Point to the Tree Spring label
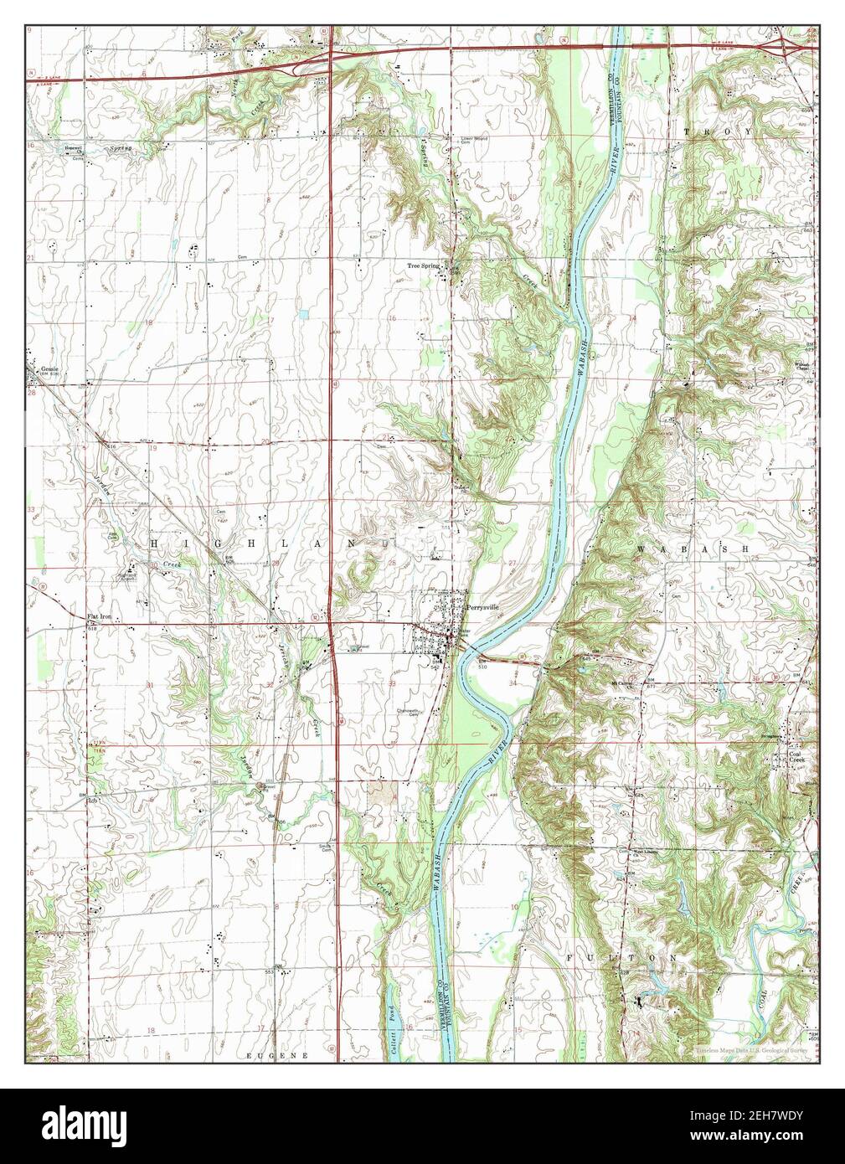coord(423,265)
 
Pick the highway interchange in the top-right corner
coord(791,47)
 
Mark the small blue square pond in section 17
coord(302,316)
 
